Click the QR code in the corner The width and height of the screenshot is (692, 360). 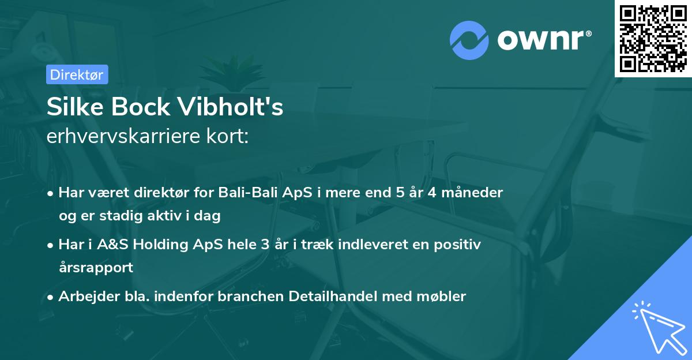tap(653, 39)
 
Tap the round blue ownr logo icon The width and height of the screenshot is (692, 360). tap(469, 40)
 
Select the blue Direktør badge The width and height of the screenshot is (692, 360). tap(77, 74)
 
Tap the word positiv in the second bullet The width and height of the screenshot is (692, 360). tap(460, 245)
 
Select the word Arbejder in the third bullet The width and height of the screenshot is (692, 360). tap(84, 297)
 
